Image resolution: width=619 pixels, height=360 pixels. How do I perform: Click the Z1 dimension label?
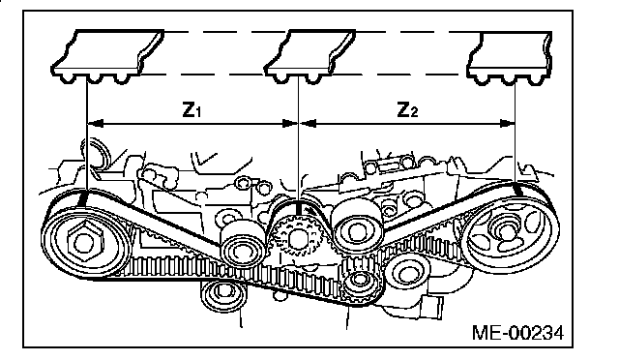click(x=192, y=110)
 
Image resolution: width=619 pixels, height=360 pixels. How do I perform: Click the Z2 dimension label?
click(x=407, y=110)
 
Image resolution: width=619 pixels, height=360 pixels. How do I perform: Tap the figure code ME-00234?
click(x=518, y=333)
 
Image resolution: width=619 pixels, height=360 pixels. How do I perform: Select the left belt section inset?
click(x=107, y=56)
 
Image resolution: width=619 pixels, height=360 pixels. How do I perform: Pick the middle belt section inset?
click(x=309, y=56)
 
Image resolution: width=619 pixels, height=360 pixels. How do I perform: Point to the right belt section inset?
click(x=510, y=58)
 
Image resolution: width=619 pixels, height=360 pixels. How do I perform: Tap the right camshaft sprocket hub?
click(x=505, y=233)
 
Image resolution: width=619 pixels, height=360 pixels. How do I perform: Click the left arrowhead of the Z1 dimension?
click(x=95, y=124)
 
